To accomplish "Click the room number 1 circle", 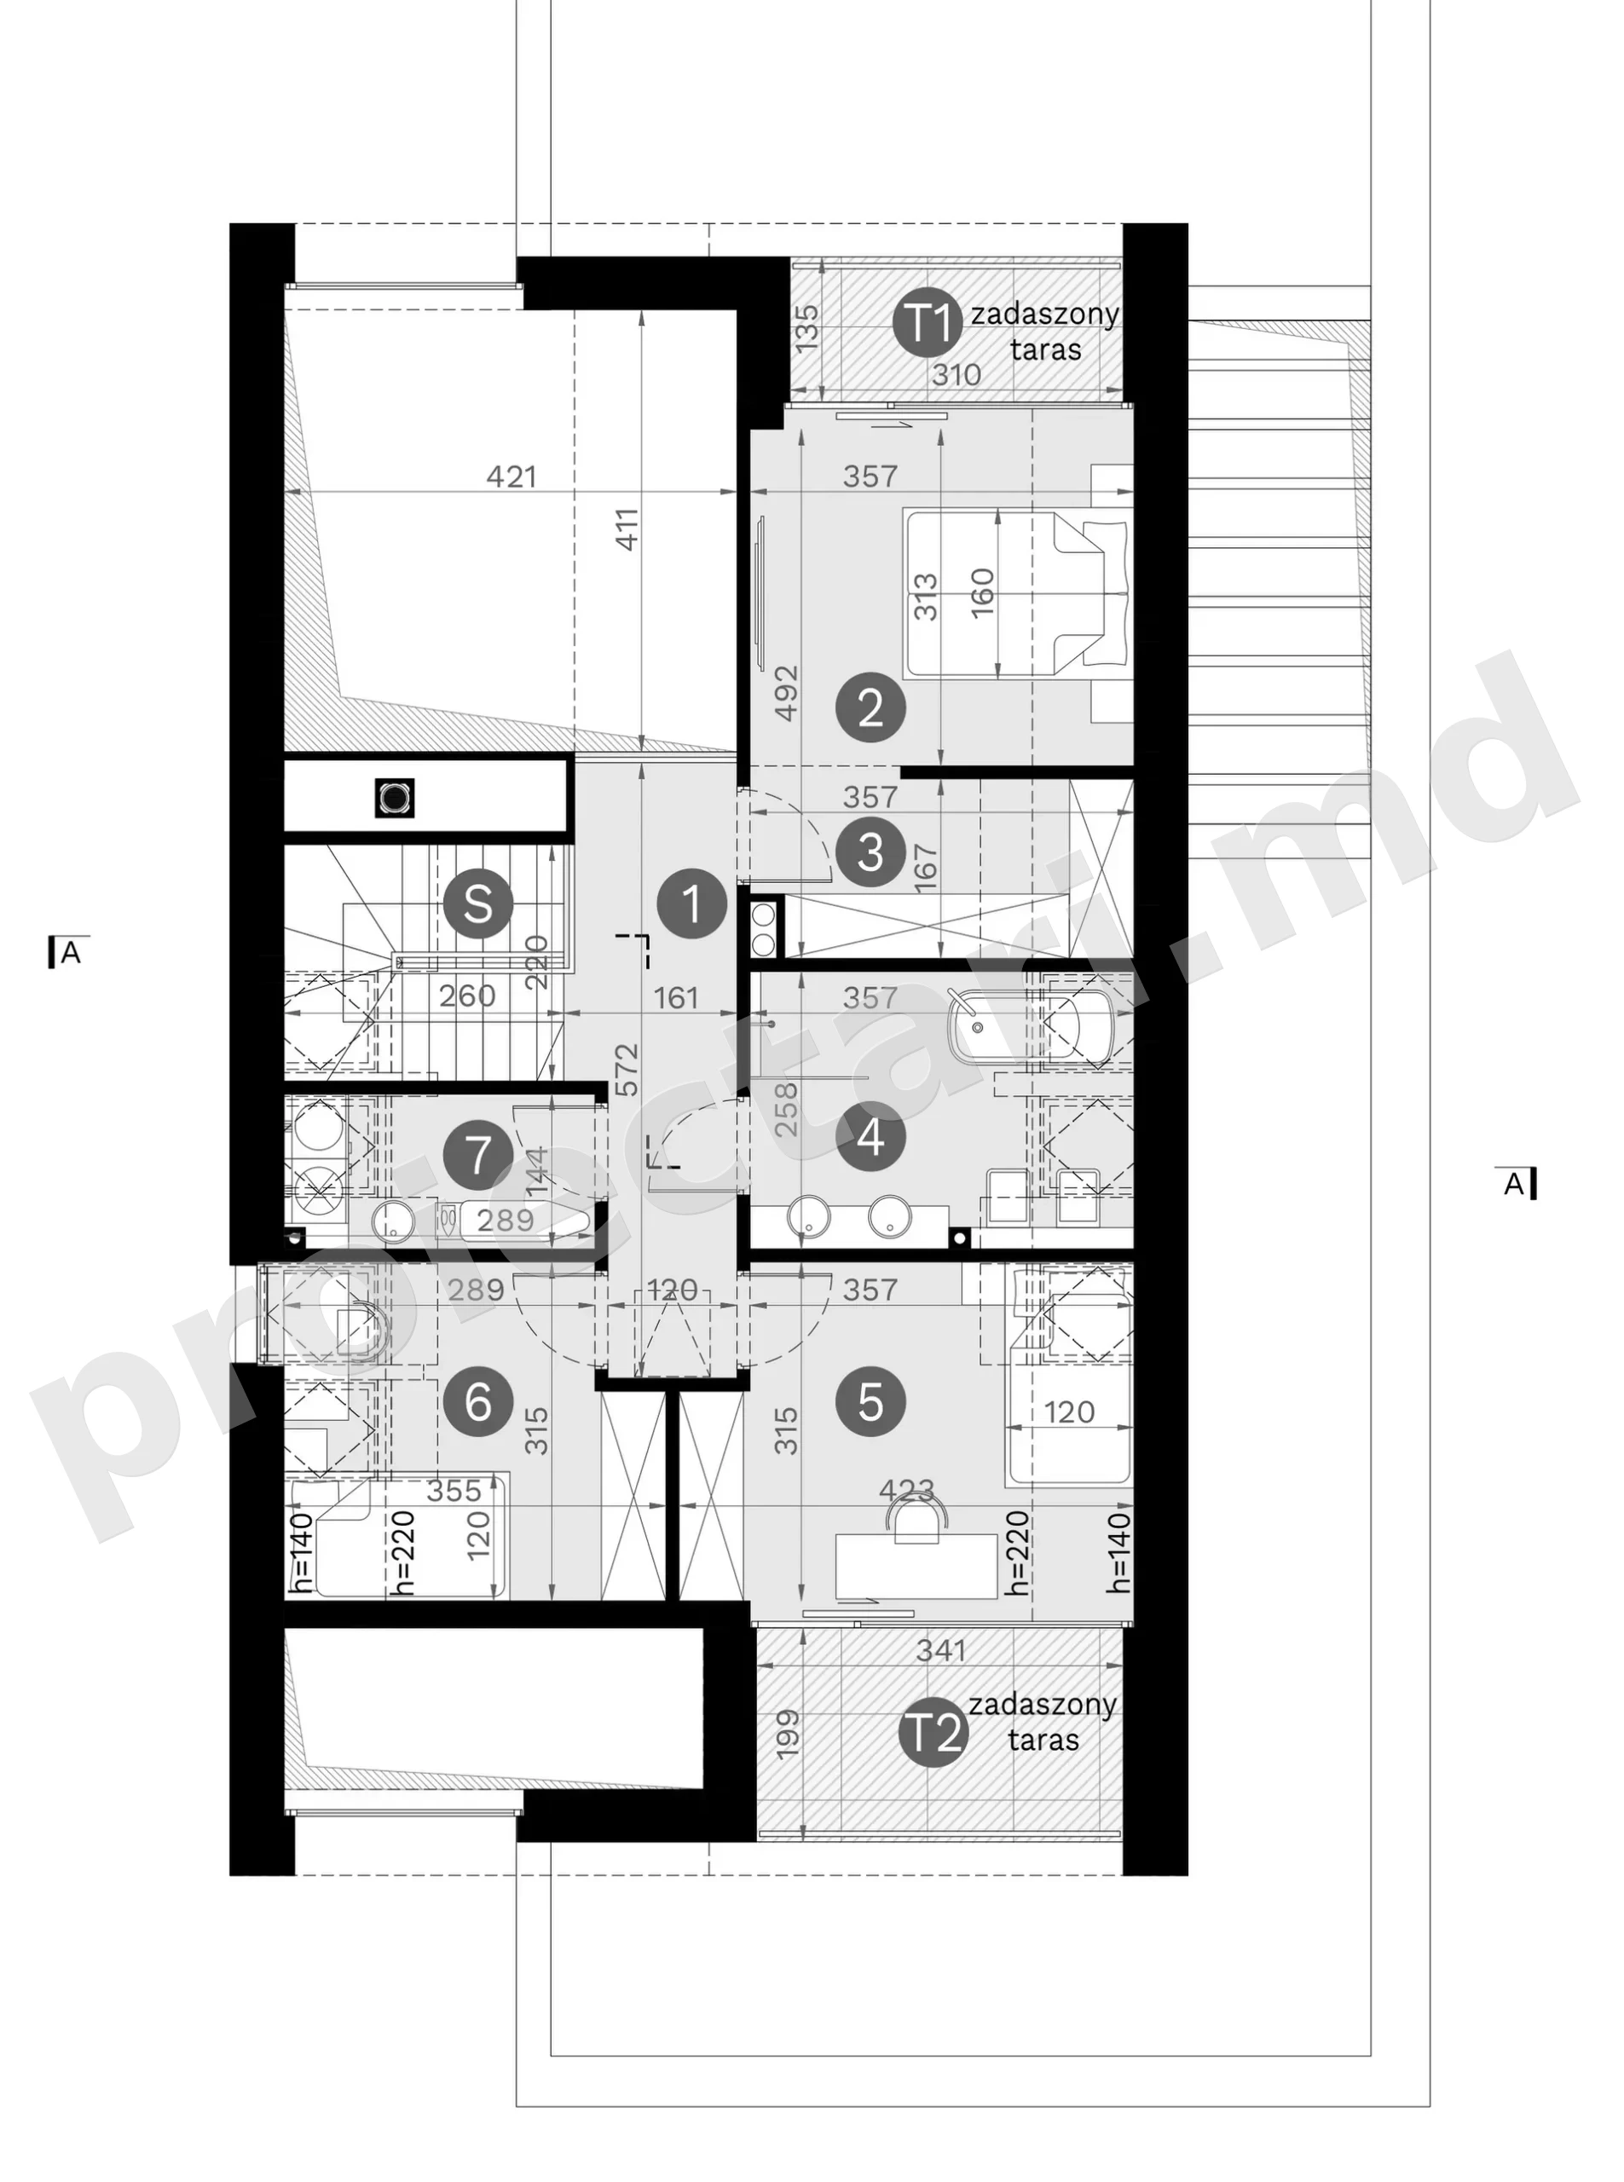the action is click(692, 903).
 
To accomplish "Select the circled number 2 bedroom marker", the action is click(870, 707).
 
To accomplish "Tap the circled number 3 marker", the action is click(870, 852).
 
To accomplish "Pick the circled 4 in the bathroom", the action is click(870, 1137).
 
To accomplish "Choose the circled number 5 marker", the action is click(870, 1403).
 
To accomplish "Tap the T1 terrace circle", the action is click(928, 322).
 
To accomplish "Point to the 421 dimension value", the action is click(512, 476).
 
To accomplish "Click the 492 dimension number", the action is click(787, 694).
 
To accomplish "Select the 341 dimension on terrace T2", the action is click(941, 1651).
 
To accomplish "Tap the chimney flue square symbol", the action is click(394, 797).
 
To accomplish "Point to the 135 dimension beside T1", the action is click(806, 329).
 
